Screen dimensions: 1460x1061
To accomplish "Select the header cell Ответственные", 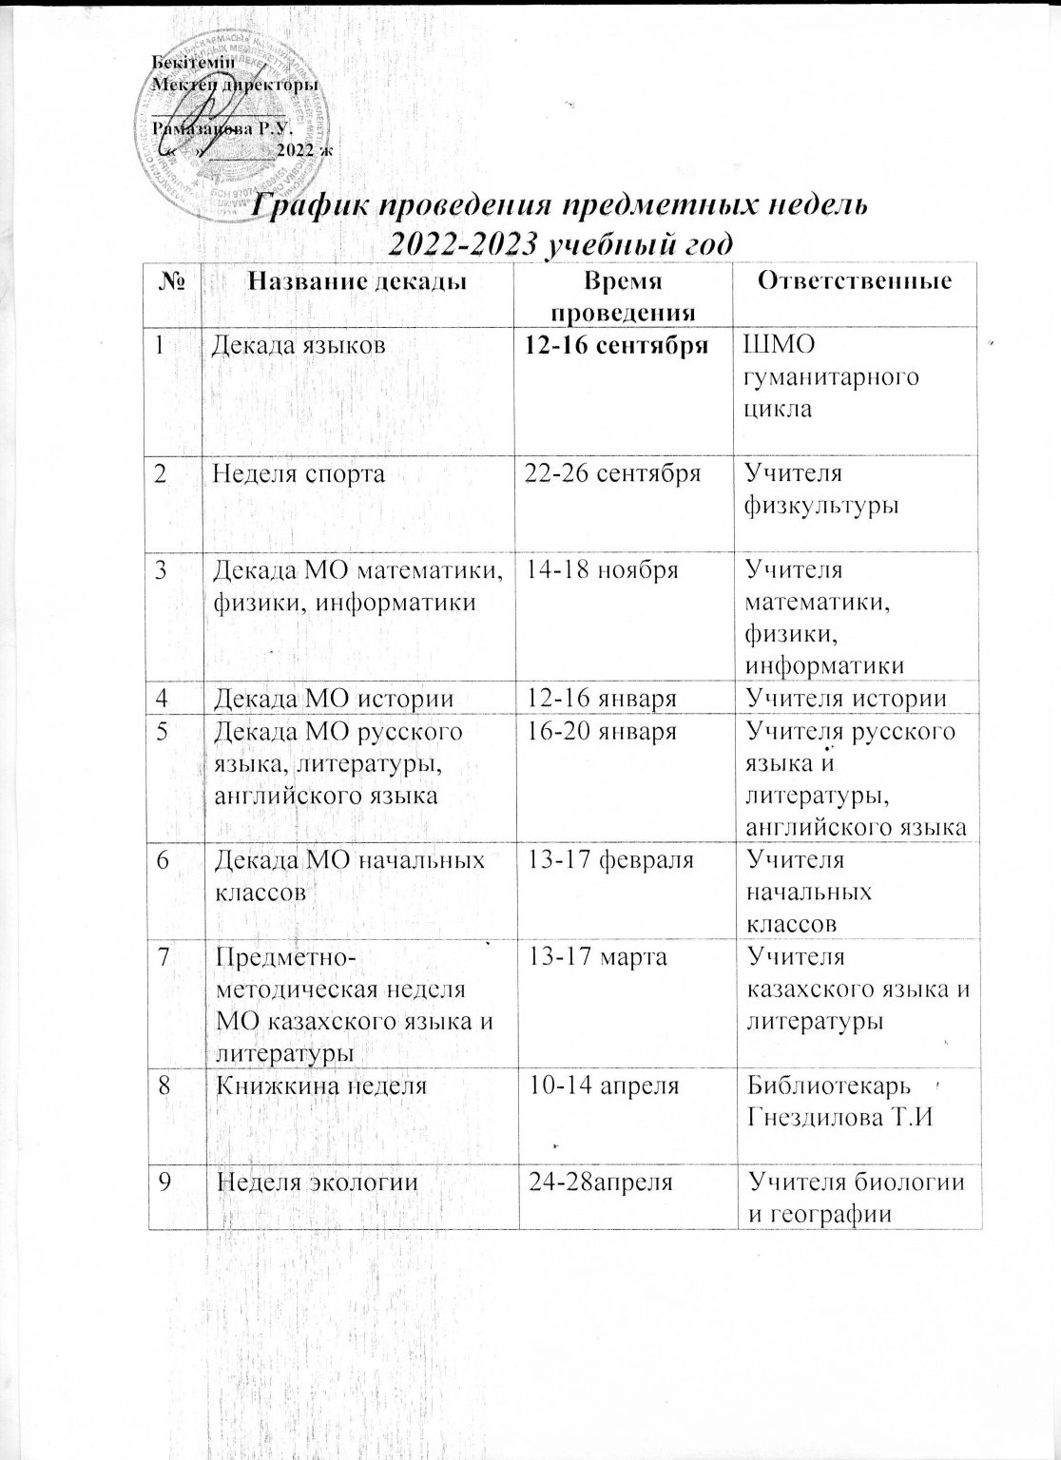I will click(858, 280).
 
